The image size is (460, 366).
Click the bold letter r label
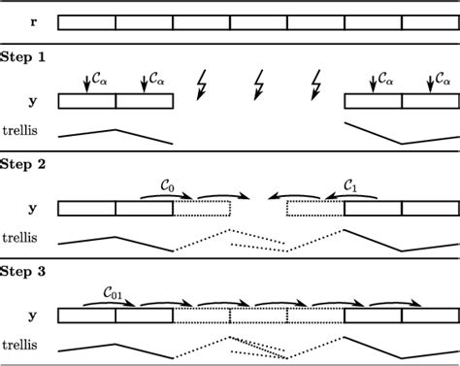(x=34, y=22)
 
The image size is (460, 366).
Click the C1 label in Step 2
(x=352, y=183)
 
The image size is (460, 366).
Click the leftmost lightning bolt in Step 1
(x=203, y=83)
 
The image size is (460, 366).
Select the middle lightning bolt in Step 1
(x=259, y=83)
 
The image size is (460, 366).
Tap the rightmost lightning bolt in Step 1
(x=315, y=83)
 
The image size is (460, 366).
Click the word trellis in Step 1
(x=23, y=130)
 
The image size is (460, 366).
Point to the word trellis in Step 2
(x=23, y=236)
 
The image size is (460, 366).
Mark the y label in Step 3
(x=34, y=315)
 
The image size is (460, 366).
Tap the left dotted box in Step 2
(x=202, y=207)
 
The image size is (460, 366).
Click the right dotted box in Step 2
(x=316, y=207)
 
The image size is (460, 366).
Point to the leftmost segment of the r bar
(x=87, y=22)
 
